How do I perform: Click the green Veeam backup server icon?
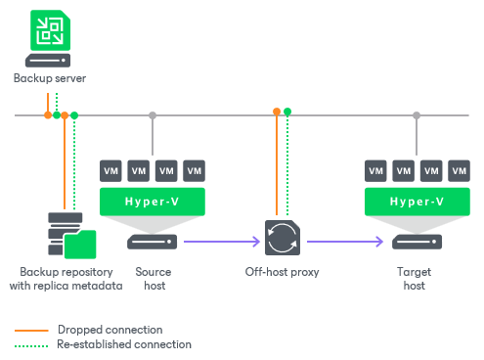pyautogui.click(x=50, y=30)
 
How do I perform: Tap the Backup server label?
pyautogui.click(x=50, y=78)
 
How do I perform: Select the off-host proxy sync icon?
pyautogui.click(x=283, y=238)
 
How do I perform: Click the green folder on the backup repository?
pyautogui.click(x=80, y=245)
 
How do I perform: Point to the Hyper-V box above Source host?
pyautogui.click(x=153, y=202)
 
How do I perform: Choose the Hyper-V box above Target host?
pyautogui.click(x=418, y=202)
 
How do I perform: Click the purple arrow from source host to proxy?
pyautogui.click(x=222, y=242)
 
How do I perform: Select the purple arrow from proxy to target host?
pyautogui.click(x=345, y=242)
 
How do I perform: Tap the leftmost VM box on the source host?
pyautogui.click(x=110, y=171)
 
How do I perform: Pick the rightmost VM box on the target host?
pyautogui.click(x=459, y=171)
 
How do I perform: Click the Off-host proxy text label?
pyautogui.click(x=282, y=272)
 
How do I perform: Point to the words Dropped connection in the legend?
pyautogui.click(x=110, y=330)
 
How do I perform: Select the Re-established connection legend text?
pyautogui.click(x=124, y=344)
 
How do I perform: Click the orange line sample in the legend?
pyautogui.click(x=31, y=331)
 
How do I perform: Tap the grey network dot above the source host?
pyautogui.click(x=153, y=115)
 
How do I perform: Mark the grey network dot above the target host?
pyautogui.click(x=417, y=115)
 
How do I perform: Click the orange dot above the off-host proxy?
pyautogui.click(x=277, y=112)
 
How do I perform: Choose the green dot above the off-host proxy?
pyautogui.click(x=287, y=112)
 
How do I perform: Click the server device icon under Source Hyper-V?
pyautogui.click(x=153, y=242)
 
